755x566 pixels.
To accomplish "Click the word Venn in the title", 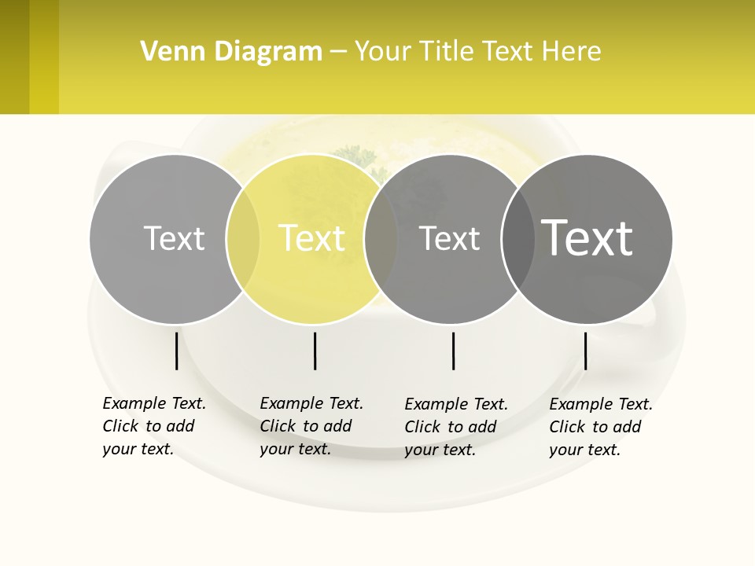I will tap(168, 52).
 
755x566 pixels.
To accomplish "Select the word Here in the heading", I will tap(572, 52).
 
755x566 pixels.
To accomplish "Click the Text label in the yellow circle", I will tap(311, 238).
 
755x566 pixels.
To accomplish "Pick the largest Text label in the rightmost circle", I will tap(587, 237).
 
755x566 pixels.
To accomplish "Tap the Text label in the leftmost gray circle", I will tap(174, 238).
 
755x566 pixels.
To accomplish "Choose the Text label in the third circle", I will tap(449, 238).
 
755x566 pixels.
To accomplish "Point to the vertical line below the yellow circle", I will tap(315, 351).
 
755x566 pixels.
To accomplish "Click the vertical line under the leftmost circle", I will tap(177, 351).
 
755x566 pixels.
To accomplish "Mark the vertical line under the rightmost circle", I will tap(586, 351).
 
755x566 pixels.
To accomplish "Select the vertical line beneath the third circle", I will tap(453, 351).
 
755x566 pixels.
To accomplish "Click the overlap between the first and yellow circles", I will tap(243, 238).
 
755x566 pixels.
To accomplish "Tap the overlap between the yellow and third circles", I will tap(381, 238).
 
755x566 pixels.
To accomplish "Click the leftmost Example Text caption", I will tap(154, 426).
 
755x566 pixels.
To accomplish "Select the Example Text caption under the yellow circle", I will tap(311, 426).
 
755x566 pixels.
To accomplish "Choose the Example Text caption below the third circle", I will tap(456, 427).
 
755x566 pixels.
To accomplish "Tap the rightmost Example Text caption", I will tap(601, 427).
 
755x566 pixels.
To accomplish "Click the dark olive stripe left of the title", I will tap(14, 57).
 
